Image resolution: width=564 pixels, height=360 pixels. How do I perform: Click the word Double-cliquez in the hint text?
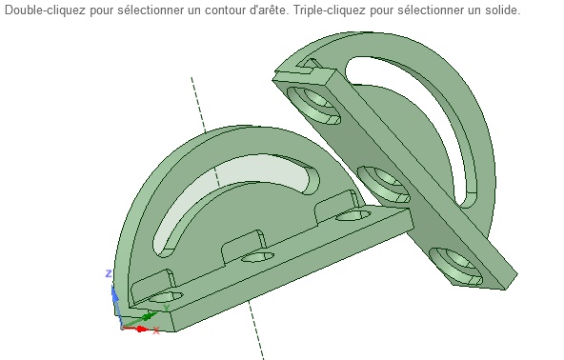click(x=46, y=10)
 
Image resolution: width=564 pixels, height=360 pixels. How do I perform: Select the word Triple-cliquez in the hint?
click(x=329, y=10)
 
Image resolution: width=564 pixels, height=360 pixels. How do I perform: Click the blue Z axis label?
click(x=109, y=273)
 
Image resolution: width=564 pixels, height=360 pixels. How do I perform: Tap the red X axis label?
click(x=156, y=330)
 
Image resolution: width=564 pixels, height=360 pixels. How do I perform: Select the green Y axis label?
click(x=166, y=309)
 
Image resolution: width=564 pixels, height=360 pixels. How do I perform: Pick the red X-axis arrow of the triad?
click(x=135, y=329)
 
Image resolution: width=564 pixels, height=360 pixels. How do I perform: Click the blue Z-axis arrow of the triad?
click(x=117, y=305)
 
